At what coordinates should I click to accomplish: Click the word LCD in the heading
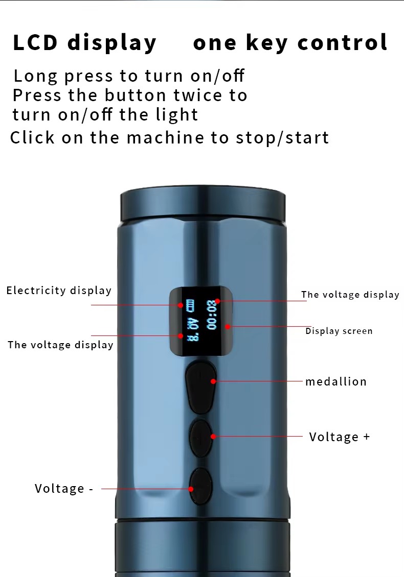click(x=35, y=42)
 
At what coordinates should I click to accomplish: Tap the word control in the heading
click(x=343, y=42)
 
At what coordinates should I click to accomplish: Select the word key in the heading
click(x=266, y=43)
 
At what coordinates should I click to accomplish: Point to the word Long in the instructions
click(x=35, y=77)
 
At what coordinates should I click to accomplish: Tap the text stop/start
click(x=282, y=138)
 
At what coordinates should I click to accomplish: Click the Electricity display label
click(x=59, y=291)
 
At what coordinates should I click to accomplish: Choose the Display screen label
click(x=339, y=331)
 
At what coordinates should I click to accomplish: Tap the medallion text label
click(x=336, y=381)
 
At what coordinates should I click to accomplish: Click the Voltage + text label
click(x=339, y=437)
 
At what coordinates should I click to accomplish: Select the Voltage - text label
click(x=64, y=489)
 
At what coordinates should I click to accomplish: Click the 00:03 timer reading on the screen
click(x=211, y=315)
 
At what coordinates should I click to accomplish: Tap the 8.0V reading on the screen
click(x=193, y=329)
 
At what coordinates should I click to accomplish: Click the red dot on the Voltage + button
click(x=213, y=437)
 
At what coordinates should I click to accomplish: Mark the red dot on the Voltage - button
click(x=191, y=489)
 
